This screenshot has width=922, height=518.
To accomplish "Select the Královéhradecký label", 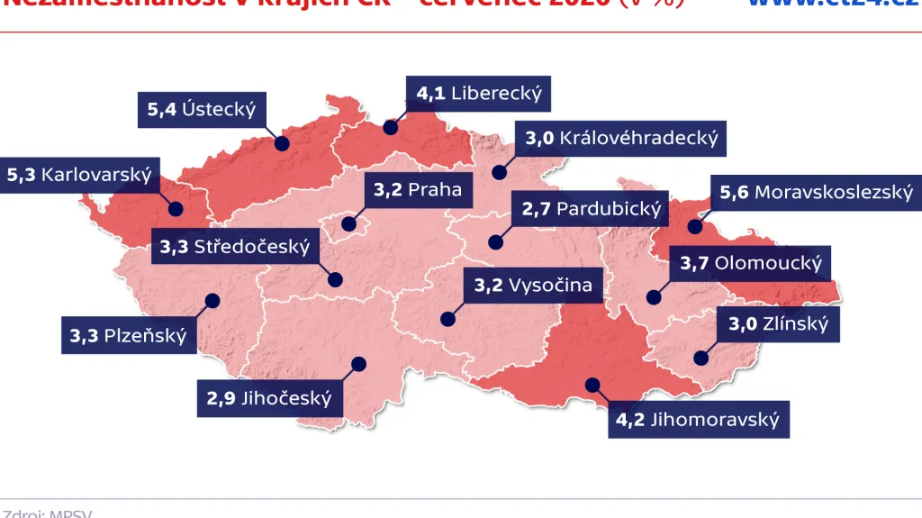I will pos(621,138).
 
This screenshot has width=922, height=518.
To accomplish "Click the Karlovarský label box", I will pos(78,174).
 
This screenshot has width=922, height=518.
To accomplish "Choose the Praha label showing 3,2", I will pos(417,189).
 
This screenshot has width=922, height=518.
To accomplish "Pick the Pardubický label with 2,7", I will pos(591,209).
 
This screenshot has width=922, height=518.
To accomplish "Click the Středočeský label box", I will pos(234,246).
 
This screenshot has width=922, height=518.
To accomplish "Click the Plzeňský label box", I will pos(128,336).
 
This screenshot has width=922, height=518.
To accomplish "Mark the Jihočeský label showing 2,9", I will pos(269,398).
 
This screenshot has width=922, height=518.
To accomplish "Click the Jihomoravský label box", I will pos(697,420).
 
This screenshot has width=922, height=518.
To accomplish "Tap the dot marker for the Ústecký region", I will pos(282,143).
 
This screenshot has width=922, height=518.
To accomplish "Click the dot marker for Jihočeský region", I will pos(359,364).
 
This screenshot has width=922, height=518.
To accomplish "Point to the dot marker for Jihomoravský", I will pos(591,385).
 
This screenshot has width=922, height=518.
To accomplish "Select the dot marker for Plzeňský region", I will pos(212,301).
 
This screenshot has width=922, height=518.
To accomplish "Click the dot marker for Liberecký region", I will pos(390,127).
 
